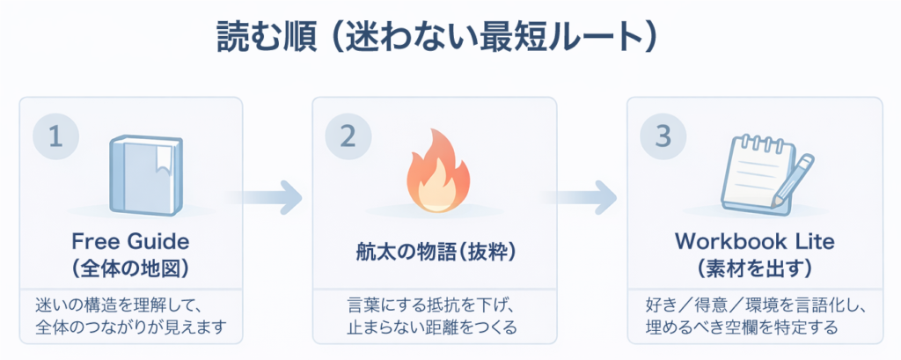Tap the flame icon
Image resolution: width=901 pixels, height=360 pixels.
coord(435,175)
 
